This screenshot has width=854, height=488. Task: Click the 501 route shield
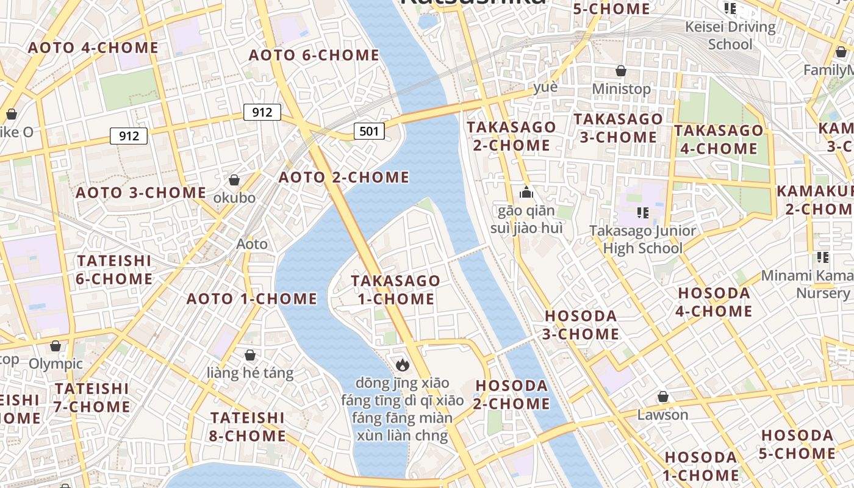tap(369, 131)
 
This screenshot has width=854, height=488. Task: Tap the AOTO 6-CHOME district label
tap(314, 55)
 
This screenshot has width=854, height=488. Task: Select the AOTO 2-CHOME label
tap(344, 177)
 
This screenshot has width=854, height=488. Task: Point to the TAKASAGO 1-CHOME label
tap(396, 290)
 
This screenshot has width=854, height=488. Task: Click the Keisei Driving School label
tap(730, 35)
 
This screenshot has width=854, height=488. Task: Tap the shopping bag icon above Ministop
tap(621, 71)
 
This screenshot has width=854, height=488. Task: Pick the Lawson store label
tap(662, 415)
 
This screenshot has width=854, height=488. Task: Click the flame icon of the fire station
tap(402, 365)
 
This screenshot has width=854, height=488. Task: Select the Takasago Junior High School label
tap(642, 239)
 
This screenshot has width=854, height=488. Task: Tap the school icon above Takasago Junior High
tap(642, 212)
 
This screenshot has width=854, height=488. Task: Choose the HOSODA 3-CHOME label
tap(581, 325)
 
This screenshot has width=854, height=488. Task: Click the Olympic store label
tap(56, 364)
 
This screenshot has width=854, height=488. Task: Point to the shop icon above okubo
tap(234, 180)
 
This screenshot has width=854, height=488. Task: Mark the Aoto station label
tap(252, 244)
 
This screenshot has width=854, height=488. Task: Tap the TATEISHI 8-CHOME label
tap(248, 426)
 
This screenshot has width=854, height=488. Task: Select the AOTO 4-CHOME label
tap(93, 48)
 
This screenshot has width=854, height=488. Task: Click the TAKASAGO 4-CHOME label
tap(719, 139)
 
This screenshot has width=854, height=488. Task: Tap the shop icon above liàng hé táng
tap(250, 355)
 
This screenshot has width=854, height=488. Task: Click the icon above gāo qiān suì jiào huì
tap(526, 193)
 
